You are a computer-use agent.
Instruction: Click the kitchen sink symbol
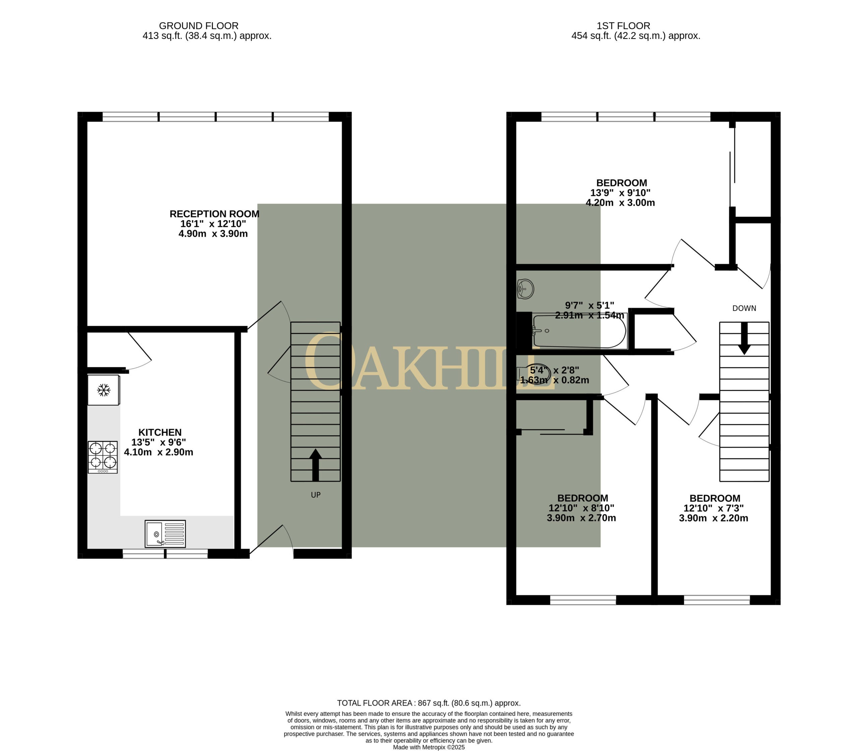tap(165, 534)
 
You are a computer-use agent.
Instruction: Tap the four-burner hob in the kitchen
tap(103, 457)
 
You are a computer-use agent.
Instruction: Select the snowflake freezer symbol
tap(104, 390)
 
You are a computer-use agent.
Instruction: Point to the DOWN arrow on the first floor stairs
tap(744, 338)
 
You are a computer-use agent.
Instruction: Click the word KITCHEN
tap(160, 432)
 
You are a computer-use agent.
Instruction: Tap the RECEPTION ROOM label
tap(214, 214)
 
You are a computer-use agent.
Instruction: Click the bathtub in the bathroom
tap(579, 331)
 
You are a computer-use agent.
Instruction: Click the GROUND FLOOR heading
tap(198, 26)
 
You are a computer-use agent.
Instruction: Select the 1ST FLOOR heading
tap(623, 26)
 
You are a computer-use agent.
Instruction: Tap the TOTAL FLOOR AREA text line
tap(429, 703)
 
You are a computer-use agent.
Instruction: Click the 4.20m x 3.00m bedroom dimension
tap(620, 203)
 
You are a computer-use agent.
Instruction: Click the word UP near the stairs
tap(316, 495)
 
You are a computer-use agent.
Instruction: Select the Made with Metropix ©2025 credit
tap(429, 747)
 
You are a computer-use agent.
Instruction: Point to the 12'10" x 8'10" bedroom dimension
tap(581, 507)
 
